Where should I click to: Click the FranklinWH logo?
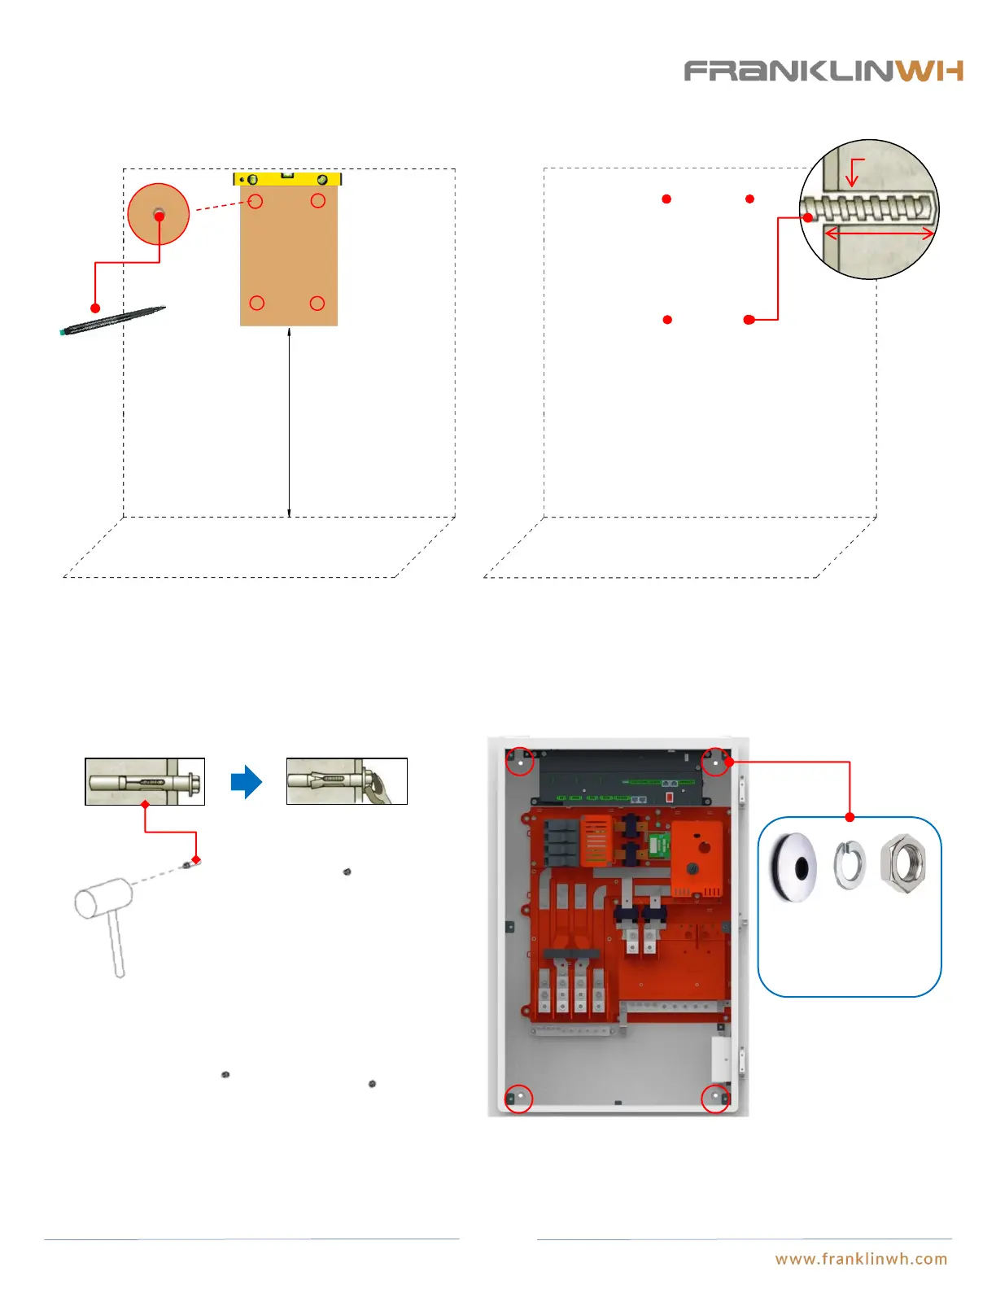click(x=823, y=71)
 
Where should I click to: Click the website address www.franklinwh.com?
click(x=861, y=1259)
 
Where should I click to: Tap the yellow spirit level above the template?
click(x=287, y=178)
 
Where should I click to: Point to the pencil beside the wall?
click(x=113, y=321)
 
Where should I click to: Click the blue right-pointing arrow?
click(x=246, y=782)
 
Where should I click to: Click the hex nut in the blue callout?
click(x=903, y=863)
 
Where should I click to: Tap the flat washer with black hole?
click(x=793, y=868)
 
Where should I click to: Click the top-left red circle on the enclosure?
click(x=520, y=762)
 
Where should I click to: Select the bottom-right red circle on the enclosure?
click(x=715, y=1098)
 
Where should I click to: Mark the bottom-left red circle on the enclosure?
click(x=519, y=1098)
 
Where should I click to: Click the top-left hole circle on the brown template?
click(x=256, y=201)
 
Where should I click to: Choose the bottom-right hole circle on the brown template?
click(x=317, y=303)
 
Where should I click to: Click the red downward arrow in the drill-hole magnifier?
click(x=852, y=173)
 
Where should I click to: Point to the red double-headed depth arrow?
click(x=879, y=234)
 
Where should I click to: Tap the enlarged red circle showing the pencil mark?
click(x=159, y=214)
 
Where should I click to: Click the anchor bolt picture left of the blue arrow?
click(x=145, y=782)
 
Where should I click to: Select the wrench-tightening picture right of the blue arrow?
click(x=347, y=782)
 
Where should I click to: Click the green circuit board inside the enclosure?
click(x=658, y=845)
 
